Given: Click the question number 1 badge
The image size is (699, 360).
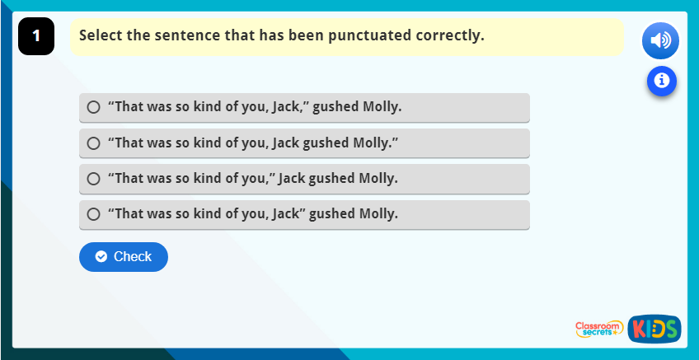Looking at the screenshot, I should tap(35, 36).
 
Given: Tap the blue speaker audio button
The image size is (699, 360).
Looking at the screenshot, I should tap(661, 40).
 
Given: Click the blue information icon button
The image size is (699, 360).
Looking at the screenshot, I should tap(661, 80).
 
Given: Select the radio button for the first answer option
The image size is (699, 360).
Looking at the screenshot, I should tap(93, 107).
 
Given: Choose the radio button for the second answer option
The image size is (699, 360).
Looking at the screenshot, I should tap(93, 143).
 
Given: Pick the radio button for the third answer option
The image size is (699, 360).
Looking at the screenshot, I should tap(93, 179).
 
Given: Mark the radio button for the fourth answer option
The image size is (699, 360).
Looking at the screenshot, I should tap(93, 214).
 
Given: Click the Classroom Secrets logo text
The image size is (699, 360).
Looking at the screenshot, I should tap(598, 329).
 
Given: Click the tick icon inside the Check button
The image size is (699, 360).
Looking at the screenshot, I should tap(101, 257).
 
